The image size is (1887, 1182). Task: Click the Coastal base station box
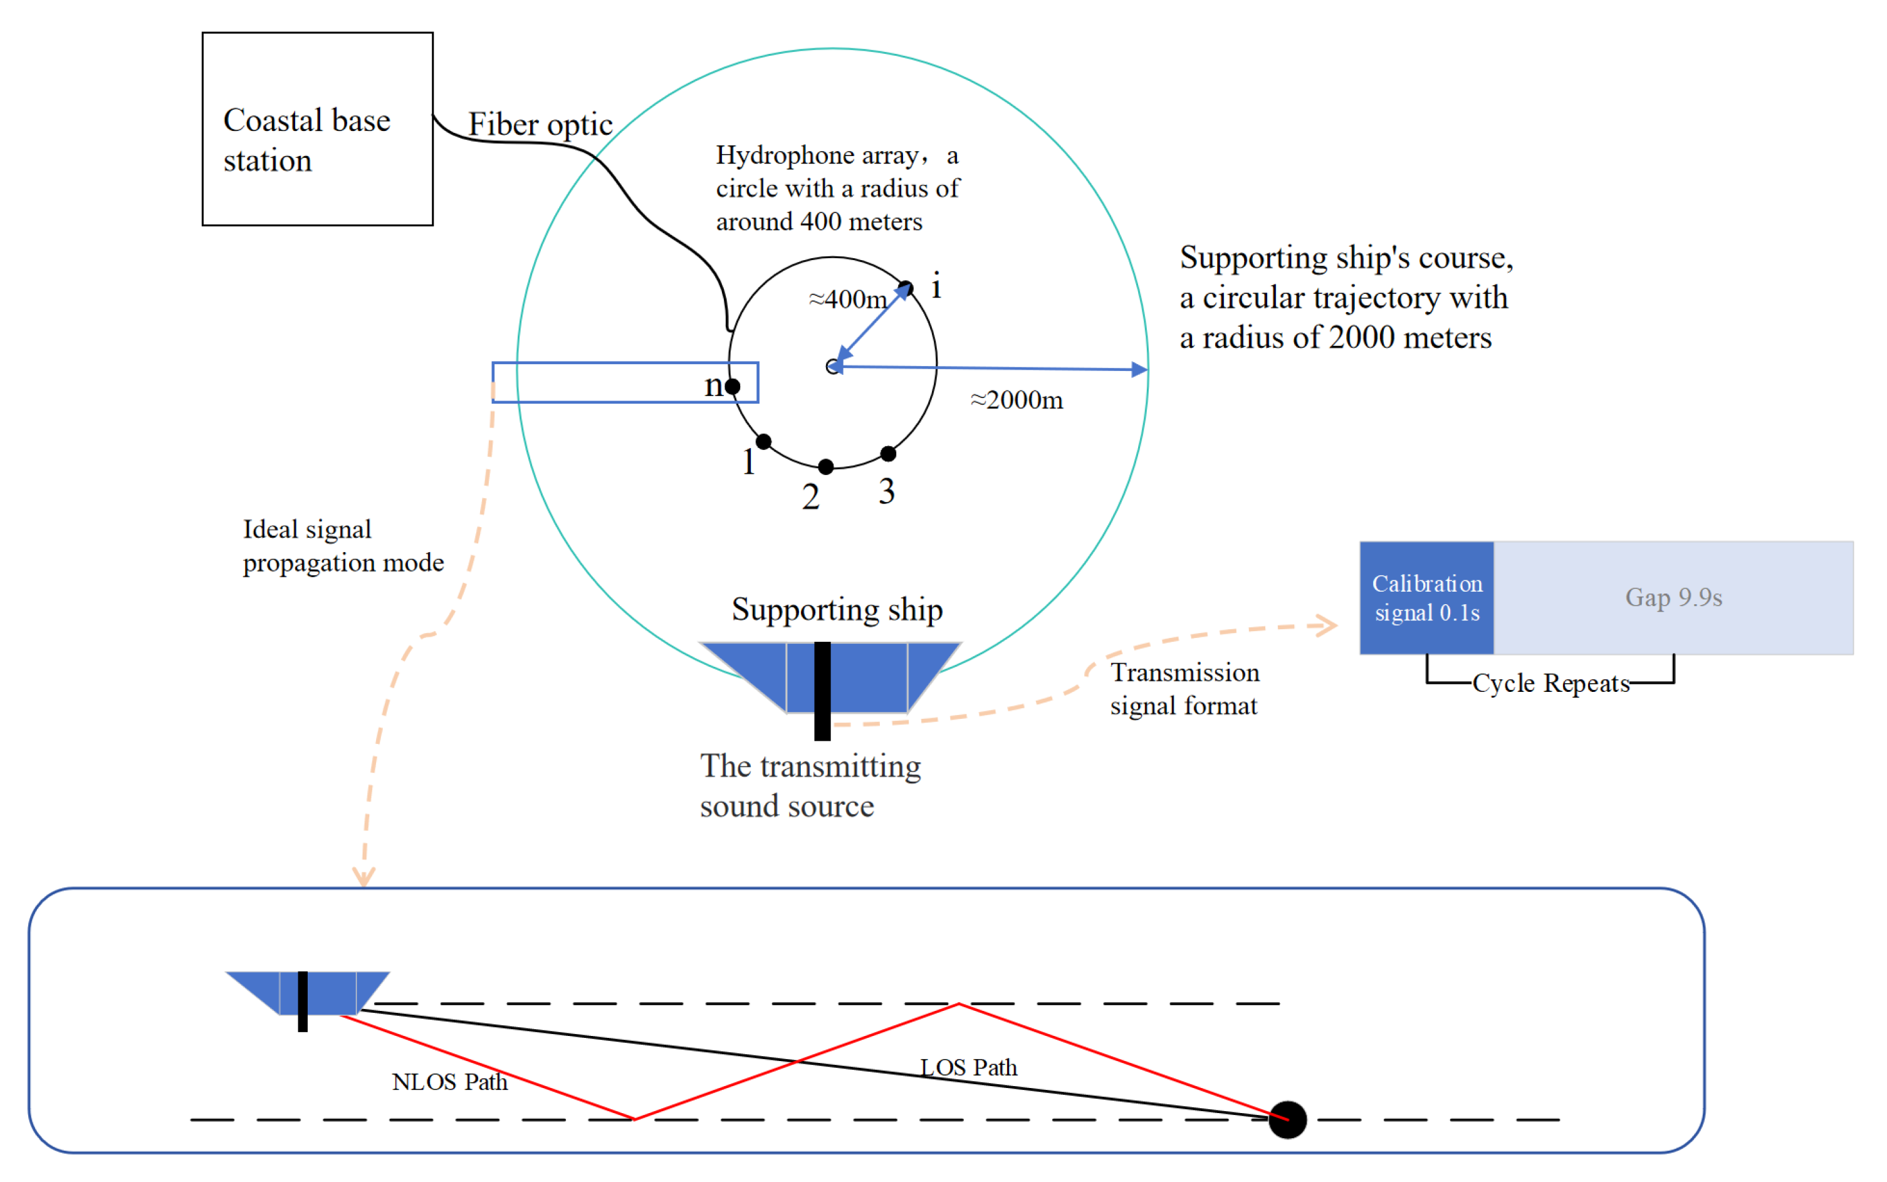coord(316,129)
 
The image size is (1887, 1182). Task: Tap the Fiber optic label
coord(540,124)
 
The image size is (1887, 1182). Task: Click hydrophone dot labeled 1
coord(764,442)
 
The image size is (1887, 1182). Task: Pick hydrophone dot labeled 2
coord(825,467)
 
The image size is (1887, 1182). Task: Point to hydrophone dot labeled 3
coord(888,453)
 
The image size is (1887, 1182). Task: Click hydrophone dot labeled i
coord(905,288)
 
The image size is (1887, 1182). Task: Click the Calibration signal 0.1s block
coord(1426,598)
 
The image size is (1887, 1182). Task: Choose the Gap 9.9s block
coord(1673,598)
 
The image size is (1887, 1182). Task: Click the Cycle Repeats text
coord(1551,683)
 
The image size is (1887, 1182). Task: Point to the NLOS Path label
coord(449,1082)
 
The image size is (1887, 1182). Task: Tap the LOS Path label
coord(968,1068)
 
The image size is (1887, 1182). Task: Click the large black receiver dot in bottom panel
coord(1287,1119)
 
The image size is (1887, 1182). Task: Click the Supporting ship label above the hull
coord(837,610)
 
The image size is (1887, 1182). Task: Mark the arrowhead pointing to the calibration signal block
coord(1327,625)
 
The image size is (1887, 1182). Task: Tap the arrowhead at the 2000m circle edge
coord(1140,370)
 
